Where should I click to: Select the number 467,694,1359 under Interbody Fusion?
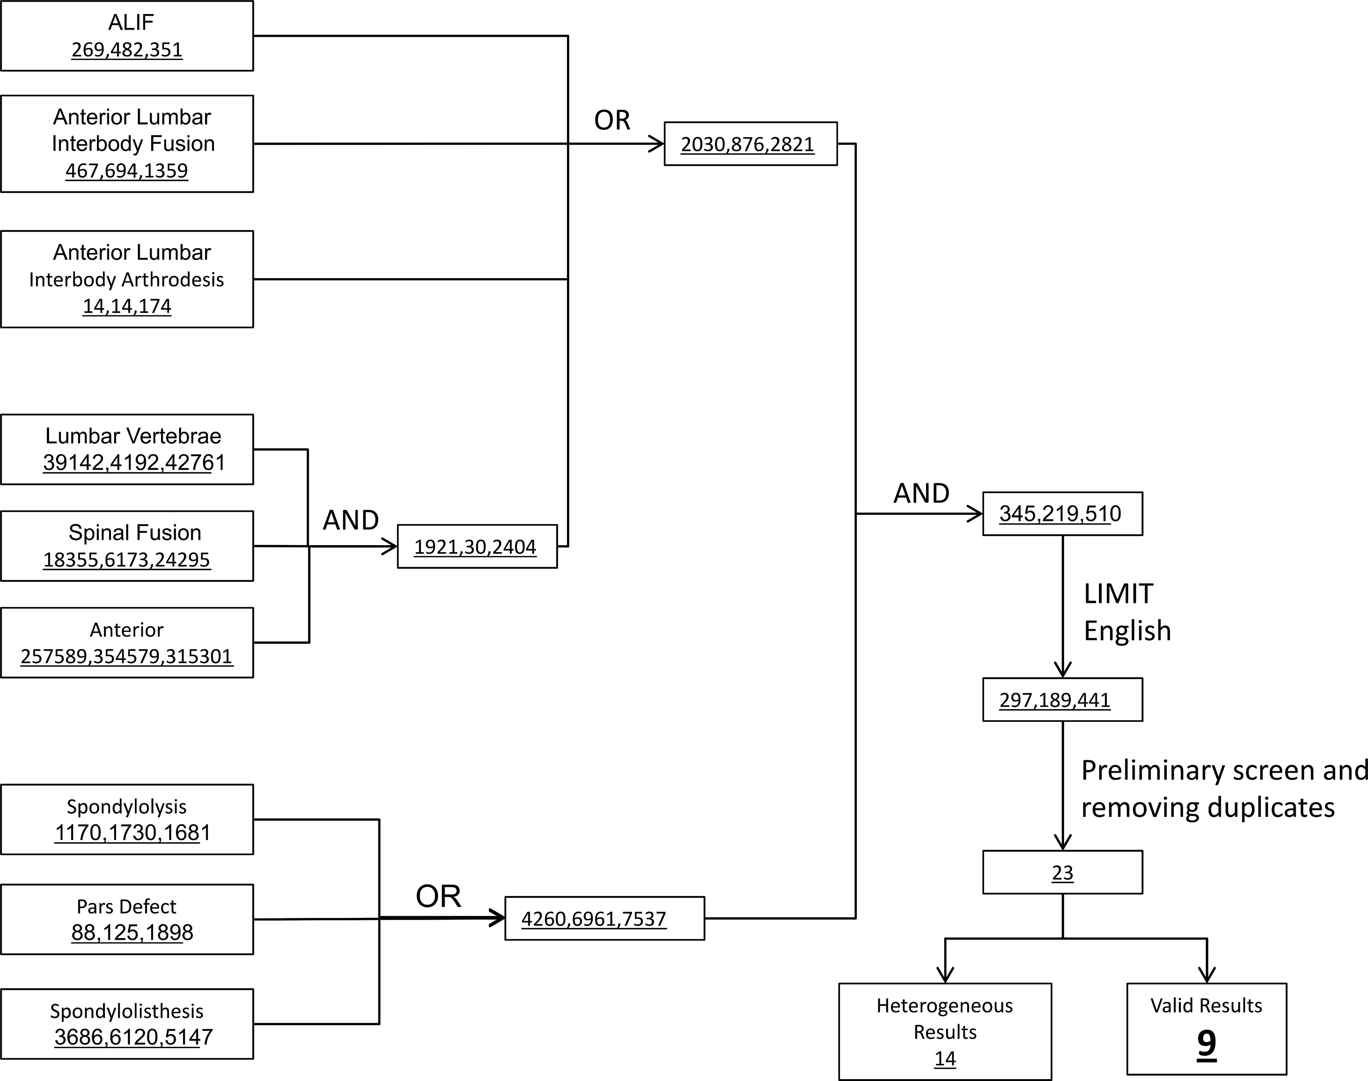coord(127,170)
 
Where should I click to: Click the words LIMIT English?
coord(1127,612)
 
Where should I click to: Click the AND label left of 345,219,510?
coord(921,493)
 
